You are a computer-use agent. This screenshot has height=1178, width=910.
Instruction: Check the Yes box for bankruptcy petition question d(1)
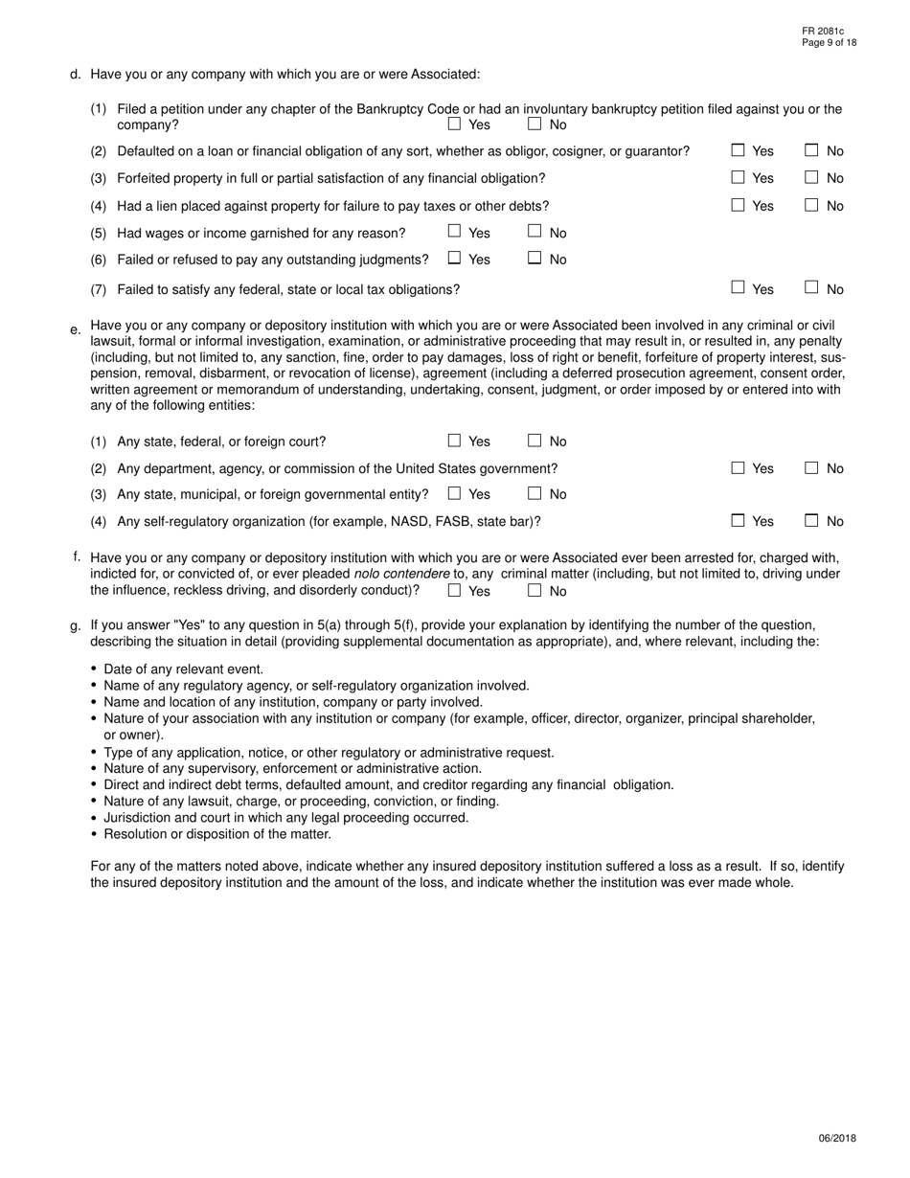(454, 124)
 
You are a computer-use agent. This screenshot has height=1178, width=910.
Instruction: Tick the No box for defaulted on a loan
(811, 149)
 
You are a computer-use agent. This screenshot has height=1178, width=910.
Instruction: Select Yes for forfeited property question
(738, 177)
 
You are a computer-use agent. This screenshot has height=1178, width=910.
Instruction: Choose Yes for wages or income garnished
(454, 231)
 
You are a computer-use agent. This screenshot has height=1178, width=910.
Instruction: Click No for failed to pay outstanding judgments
(535, 258)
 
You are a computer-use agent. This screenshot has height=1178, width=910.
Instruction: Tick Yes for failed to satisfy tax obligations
(738, 286)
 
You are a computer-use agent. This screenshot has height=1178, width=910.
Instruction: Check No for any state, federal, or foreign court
(535, 441)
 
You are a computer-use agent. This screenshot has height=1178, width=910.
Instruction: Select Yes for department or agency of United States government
(738, 467)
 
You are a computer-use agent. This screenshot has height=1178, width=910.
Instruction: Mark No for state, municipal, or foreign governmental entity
(535, 493)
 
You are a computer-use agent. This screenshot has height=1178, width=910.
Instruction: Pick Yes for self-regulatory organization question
(738, 520)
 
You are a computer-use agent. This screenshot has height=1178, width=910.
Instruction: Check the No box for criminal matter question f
(535, 590)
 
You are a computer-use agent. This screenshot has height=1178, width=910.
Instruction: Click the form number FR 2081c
(823, 32)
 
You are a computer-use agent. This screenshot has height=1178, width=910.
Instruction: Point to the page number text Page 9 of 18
(830, 43)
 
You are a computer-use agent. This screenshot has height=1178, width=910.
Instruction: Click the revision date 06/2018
(837, 1139)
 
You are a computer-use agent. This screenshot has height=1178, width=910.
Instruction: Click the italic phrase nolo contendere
(401, 574)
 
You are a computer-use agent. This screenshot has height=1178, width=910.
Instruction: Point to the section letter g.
(75, 626)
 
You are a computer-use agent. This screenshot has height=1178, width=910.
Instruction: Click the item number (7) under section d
(99, 289)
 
